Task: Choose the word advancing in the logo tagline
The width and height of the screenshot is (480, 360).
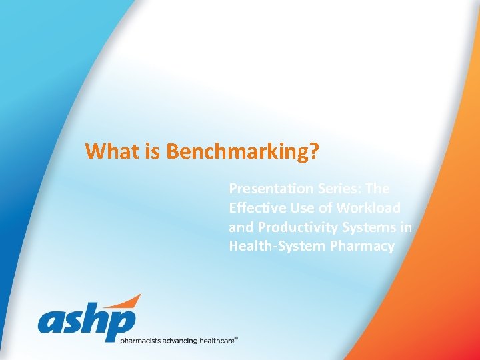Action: pos(178,341)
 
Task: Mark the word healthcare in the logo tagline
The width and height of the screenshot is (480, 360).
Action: pos(217,341)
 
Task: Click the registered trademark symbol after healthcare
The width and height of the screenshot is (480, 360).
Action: pos(236,338)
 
